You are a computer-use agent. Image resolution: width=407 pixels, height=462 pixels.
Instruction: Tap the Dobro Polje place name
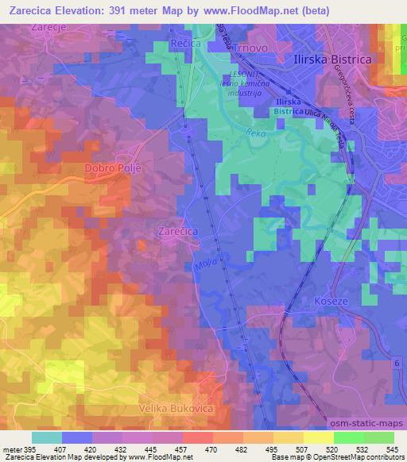coord(111,169)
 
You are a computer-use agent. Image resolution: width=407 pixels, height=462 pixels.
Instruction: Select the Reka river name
coord(255,133)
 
